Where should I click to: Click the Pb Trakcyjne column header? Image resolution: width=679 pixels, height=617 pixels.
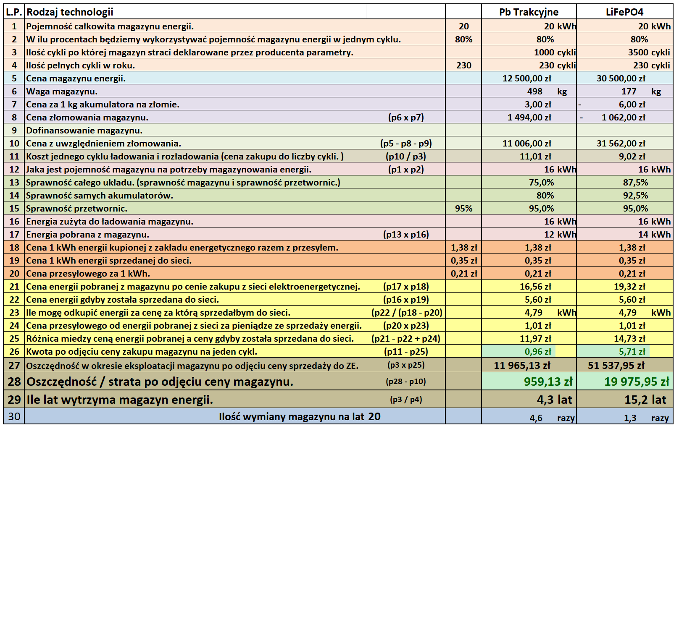click(529, 12)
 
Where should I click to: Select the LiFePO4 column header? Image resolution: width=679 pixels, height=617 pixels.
click(624, 12)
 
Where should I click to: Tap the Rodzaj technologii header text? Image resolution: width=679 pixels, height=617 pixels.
click(70, 12)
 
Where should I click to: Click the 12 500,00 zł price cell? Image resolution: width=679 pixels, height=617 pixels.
click(527, 78)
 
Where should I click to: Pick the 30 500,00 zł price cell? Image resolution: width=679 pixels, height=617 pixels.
click(621, 78)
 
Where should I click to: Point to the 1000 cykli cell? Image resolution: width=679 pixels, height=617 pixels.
click(555, 52)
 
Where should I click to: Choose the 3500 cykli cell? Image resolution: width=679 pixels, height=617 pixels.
click(649, 52)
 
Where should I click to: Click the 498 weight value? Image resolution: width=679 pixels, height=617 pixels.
click(535, 92)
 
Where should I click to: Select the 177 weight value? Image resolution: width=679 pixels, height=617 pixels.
click(629, 92)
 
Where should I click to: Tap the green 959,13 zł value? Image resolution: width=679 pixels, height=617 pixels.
click(548, 382)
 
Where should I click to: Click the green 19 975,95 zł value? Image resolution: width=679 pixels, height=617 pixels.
click(637, 382)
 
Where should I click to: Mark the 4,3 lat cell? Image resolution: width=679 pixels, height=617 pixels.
click(554, 400)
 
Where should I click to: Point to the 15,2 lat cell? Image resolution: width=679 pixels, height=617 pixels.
click(645, 400)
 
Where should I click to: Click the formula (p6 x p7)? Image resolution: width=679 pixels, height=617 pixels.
click(406, 118)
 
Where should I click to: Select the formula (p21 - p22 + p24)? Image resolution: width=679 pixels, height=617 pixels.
click(406, 339)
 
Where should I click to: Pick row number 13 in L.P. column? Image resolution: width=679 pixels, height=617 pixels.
click(14, 183)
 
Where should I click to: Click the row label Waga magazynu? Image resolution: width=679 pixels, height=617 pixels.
click(62, 92)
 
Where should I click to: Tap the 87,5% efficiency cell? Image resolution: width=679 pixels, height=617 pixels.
click(635, 183)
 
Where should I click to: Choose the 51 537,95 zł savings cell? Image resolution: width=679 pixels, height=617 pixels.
click(616, 366)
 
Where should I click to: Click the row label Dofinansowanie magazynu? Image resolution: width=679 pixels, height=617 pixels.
click(84, 131)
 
